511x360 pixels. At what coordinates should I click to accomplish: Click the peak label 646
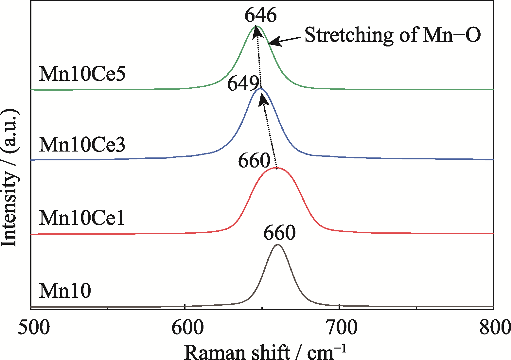point(261,15)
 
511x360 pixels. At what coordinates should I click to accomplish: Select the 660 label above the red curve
point(254,161)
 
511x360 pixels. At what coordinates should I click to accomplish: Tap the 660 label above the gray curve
point(279,233)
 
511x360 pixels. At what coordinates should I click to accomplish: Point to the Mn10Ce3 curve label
point(82,145)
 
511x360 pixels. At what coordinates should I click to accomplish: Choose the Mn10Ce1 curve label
point(82,218)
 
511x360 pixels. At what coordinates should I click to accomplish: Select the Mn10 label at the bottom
point(65,291)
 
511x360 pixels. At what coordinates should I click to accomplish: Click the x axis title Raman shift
point(265,352)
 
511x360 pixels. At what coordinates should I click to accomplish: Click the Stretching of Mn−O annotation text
point(393,35)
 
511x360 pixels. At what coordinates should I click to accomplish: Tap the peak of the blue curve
point(261,88)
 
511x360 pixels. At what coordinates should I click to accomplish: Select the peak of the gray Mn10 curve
point(277,244)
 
